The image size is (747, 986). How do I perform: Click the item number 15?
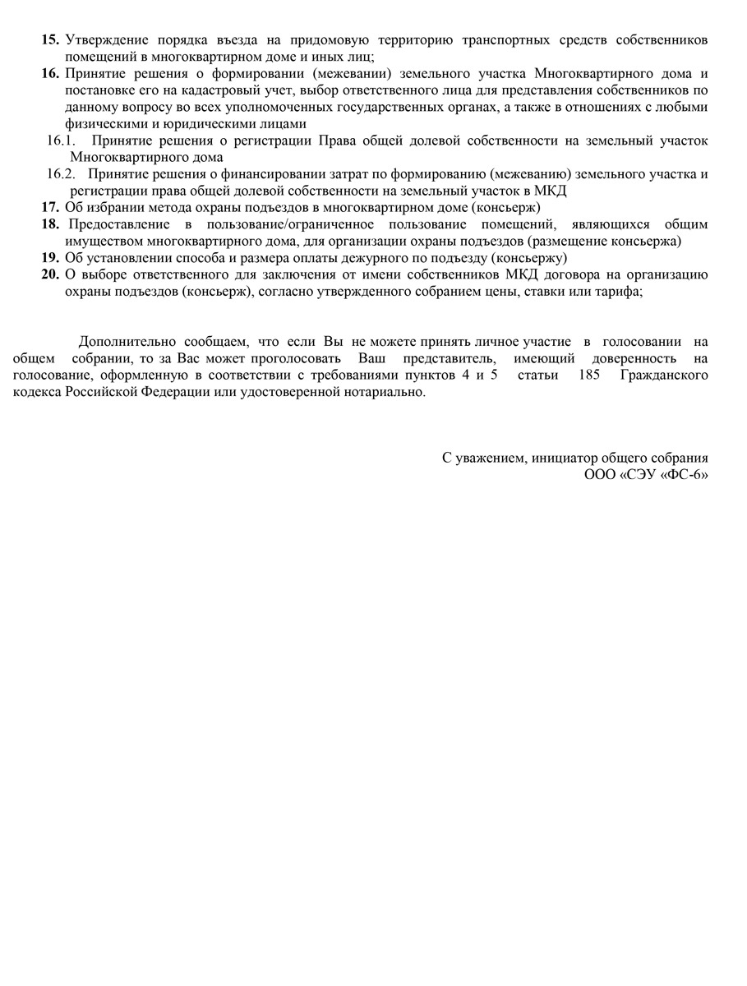50,39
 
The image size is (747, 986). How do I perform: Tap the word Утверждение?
104,39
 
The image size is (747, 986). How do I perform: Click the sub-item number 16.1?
61,141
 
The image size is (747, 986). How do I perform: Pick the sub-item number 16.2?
61,174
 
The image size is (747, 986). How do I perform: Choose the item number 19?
50,258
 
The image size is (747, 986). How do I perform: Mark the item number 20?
50,274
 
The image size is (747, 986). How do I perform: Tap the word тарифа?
620,291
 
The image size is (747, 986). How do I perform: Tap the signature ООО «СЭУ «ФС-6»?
646,475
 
